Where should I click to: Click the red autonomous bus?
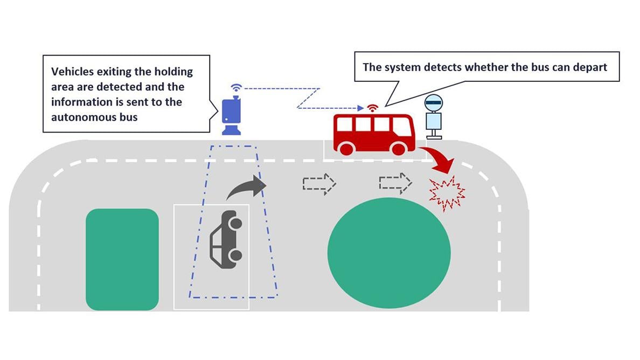[x=374, y=133]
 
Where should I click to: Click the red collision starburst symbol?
[x=446, y=192]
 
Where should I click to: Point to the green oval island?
[x=389, y=253]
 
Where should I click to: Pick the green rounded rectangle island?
[x=122, y=259]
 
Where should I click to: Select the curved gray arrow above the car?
[x=247, y=189]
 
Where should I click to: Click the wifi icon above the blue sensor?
[x=236, y=87]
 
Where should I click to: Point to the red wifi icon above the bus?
[x=372, y=108]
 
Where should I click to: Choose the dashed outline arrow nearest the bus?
[x=395, y=183]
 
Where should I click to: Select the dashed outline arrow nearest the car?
[x=319, y=183]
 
